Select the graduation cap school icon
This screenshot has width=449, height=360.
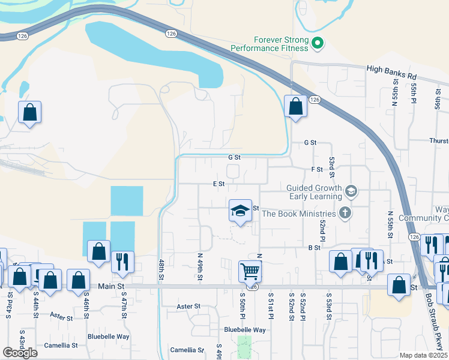(x=240, y=211)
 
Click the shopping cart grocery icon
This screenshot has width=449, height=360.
(x=250, y=271)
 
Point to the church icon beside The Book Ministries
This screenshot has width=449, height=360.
(x=345, y=212)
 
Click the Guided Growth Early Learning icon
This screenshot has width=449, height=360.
(x=351, y=191)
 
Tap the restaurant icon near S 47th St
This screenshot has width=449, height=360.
(x=122, y=262)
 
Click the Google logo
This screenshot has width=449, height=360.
(x=20, y=352)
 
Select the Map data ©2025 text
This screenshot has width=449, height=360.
(x=424, y=355)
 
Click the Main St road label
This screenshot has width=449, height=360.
(x=112, y=287)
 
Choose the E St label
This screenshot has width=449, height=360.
(x=218, y=184)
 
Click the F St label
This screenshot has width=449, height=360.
(x=317, y=170)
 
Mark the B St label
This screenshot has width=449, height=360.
(x=314, y=247)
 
